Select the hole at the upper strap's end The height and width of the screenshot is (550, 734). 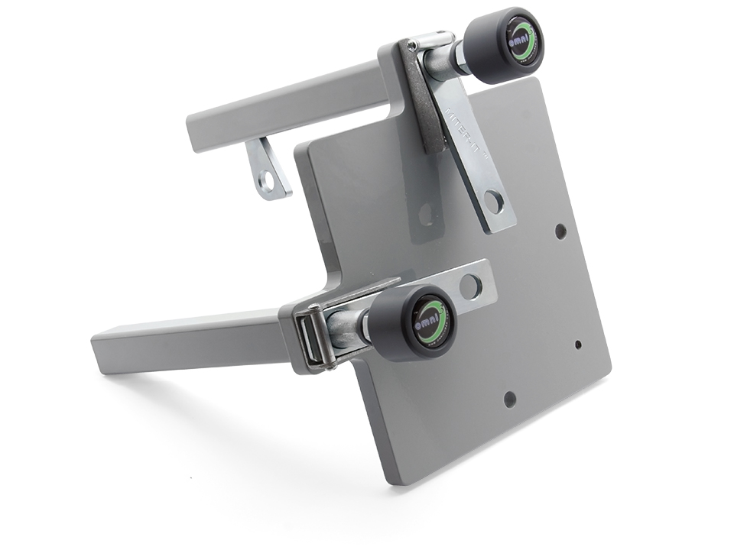tap(493, 202)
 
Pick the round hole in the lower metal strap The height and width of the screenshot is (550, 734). tap(470, 286)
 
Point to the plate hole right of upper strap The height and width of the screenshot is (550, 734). tap(560, 230)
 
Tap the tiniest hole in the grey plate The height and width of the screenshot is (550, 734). tap(577, 345)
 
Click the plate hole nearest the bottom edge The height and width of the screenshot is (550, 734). tap(509, 397)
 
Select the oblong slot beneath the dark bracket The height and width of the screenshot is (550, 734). tap(427, 215)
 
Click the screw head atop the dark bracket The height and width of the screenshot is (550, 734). tap(414, 47)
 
